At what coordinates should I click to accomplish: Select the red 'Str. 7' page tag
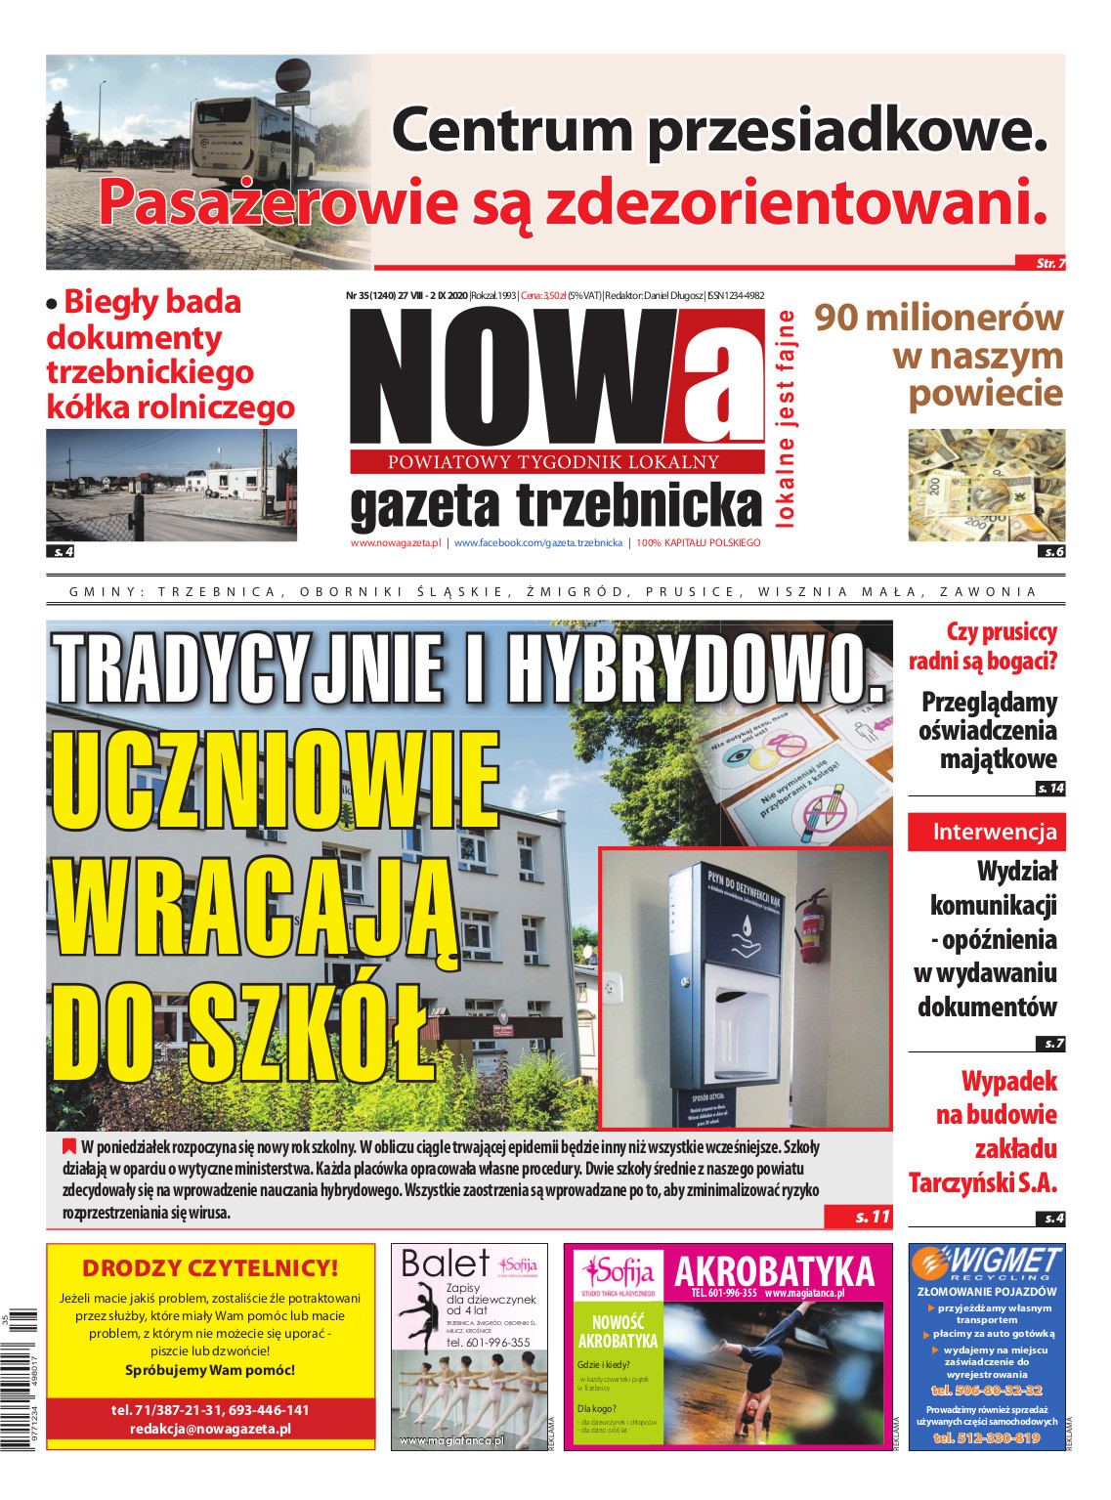[x=1049, y=263]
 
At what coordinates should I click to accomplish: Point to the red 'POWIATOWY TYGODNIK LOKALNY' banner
[x=555, y=462]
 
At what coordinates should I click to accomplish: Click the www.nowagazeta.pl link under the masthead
[x=396, y=543]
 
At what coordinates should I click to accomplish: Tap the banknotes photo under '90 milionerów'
[x=986, y=485]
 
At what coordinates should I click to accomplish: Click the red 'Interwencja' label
[x=986, y=833]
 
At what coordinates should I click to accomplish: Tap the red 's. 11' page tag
[x=860, y=1217]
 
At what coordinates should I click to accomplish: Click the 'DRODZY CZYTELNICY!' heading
[x=210, y=1268]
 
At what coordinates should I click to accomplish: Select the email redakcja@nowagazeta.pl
[x=210, y=1429]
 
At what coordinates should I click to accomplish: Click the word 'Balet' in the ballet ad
[x=445, y=1264]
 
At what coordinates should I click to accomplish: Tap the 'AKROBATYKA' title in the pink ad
[x=774, y=1271]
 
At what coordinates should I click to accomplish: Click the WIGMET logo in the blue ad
[x=987, y=1264]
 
